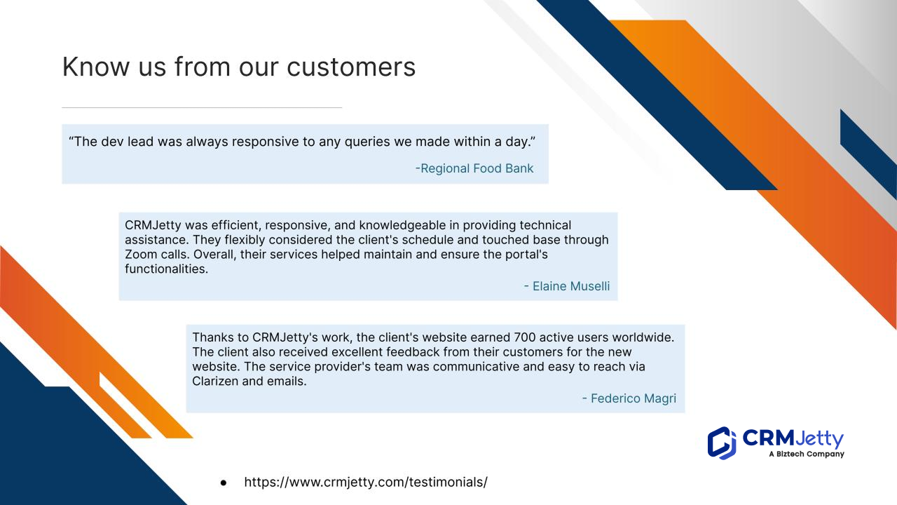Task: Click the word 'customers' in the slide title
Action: coord(351,67)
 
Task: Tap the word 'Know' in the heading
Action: coord(96,67)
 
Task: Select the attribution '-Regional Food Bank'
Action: coord(474,168)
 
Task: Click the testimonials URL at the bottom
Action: coord(366,482)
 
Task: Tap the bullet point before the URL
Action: coord(224,483)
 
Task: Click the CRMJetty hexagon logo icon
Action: coord(722,443)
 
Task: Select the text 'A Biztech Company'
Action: coord(807,454)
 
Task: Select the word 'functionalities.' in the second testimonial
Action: coord(167,269)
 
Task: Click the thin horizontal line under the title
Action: coord(202,107)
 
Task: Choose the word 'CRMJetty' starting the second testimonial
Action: coord(153,226)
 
